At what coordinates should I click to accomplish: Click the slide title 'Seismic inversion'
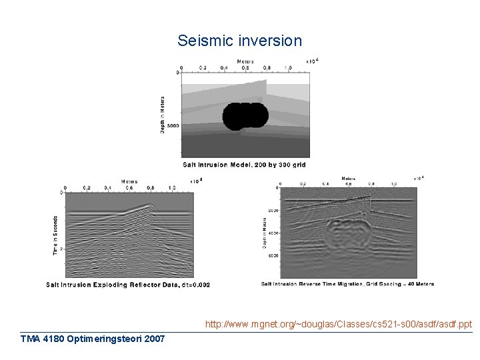click(239, 41)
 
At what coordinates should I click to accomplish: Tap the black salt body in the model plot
click(245, 115)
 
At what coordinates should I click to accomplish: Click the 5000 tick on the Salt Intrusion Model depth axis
click(173, 125)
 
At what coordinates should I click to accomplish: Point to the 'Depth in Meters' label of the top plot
click(163, 114)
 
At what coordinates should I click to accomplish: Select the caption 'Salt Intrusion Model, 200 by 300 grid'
click(245, 164)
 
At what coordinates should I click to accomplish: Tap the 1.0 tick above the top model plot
click(287, 68)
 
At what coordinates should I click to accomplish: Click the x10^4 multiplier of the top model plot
click(311, 61)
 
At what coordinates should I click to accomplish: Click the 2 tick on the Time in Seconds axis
click(61, 248)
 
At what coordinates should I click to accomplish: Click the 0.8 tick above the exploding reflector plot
click(151, 188)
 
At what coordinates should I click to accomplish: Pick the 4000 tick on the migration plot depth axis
click(273, 233)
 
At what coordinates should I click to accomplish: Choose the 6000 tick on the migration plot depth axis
click(273, 255)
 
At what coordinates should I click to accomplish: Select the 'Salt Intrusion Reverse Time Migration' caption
click(347, 284)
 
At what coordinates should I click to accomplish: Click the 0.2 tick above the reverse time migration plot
click(303, 183)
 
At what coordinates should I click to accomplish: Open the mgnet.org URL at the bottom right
click(338, 325)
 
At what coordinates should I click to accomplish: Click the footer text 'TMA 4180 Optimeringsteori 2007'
click(93, 339)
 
